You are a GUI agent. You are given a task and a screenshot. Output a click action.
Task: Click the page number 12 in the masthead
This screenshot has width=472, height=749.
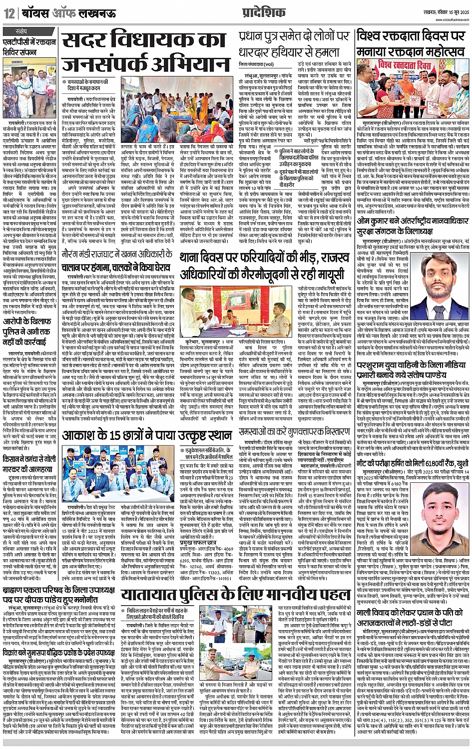pyautogui.click(x=9, y=13)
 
